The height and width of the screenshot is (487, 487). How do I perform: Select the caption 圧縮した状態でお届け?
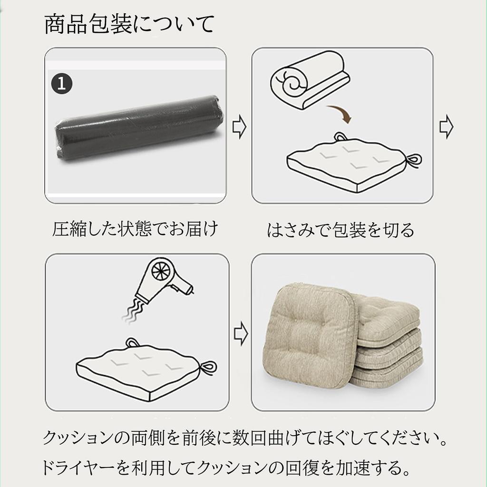click(135, 229)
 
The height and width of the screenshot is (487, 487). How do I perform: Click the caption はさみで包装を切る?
click(341, 230)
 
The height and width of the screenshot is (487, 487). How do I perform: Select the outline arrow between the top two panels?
click(239, 128)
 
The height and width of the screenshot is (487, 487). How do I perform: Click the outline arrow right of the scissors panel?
click(446, 127)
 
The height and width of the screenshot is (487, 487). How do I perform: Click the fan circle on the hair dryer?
click(161, 271)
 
